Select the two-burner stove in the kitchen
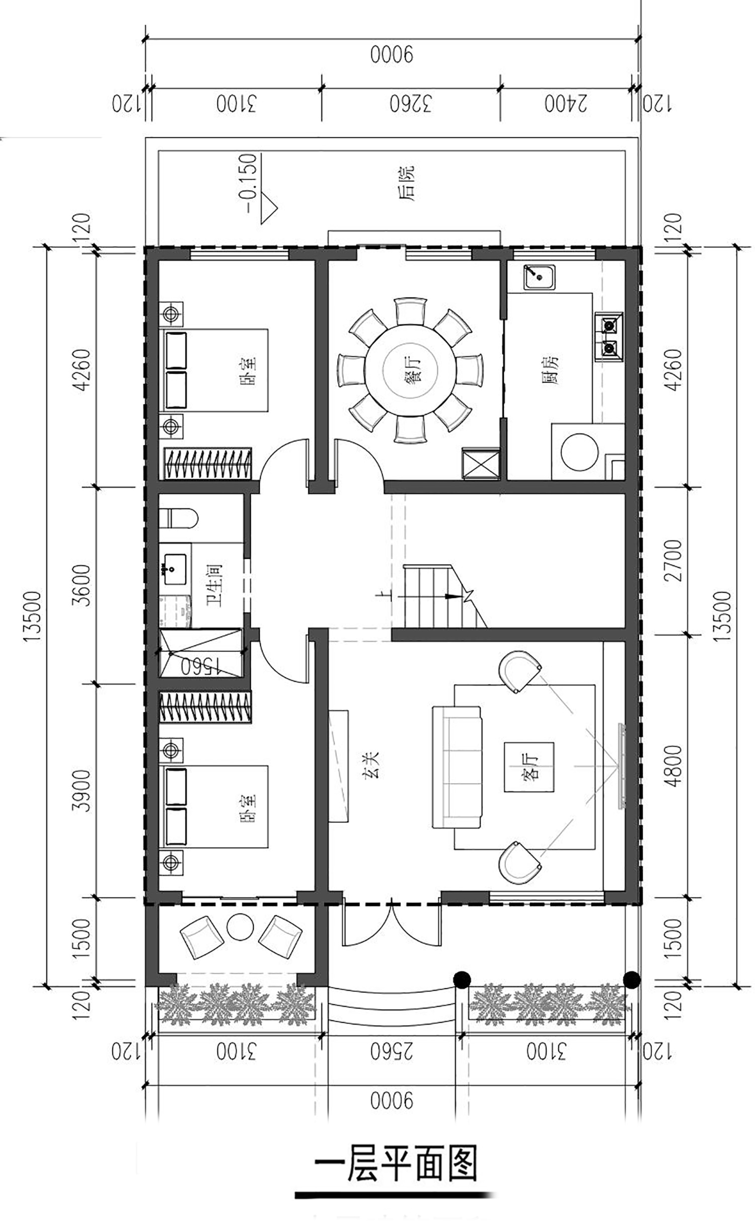pyautogui.click(x=609, y=336)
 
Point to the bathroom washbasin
pyautogui.click(x=174, y=569)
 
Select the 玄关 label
pyautogui.click(x=371, y=765)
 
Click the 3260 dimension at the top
pyautogui.click(x=411, y=104)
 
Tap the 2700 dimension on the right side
pyautogui.click(x=673, y=561)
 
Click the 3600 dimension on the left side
pyautogui.click(x=82, y=585)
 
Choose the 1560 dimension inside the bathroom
pyautogui.click(x=201, y=666)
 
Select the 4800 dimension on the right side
pyautogui.click(x=673, y=766)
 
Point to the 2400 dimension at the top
pyautogui.click(x=566, y=104)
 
